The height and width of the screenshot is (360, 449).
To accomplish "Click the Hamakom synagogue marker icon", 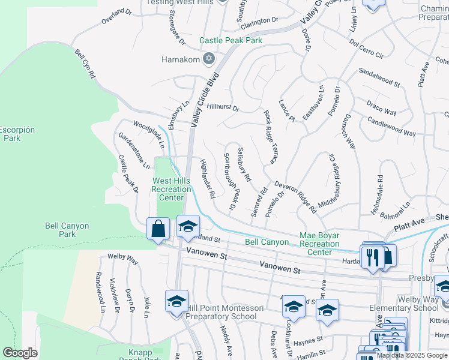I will pyautogui.click(x=209, y=59).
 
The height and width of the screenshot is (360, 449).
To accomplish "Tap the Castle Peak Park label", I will pyautogui.click(x=231, y=40).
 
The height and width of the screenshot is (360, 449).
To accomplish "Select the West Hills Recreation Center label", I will pyautogui.click(x=172, y=189).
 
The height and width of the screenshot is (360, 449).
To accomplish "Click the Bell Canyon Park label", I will pyautogui.click(x=67, y=230).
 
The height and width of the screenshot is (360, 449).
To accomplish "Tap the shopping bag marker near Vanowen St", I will pyautogui.click(x=158, y=229).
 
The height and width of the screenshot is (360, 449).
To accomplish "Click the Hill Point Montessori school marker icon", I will pyautogui.click(x=177, y=302).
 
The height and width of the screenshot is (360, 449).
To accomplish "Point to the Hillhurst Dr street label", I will pyautogui.click(x=223, y=108).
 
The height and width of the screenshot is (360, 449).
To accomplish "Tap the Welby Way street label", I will pyautogui.click(x=122, y=259).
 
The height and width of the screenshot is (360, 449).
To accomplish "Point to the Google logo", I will pyautogui.click(x=20, y=353).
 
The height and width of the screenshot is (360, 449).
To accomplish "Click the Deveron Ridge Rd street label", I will pyautogui.click(x=296, y=197).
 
